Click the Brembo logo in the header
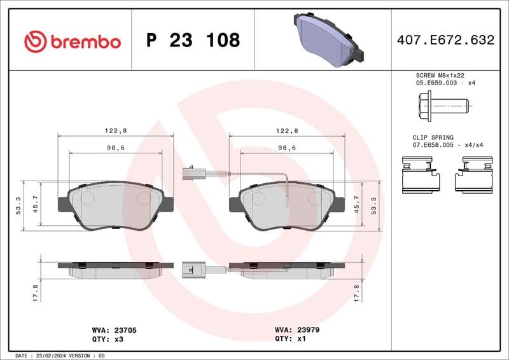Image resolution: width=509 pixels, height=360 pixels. [72, 41]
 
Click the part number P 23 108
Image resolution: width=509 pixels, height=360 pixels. [193, 41]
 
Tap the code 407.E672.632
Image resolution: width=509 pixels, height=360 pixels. [445, 40]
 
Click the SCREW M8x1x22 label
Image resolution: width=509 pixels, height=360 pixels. [436, 75]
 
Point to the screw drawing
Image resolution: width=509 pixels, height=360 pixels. [443, 103]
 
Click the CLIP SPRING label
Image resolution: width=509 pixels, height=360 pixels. [433, 137]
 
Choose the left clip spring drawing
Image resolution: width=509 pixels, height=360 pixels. [421, 176]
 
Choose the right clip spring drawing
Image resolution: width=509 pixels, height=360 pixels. [473, 176]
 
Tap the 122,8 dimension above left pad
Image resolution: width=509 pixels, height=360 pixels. [116, 130]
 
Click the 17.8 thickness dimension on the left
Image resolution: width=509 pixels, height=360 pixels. [35, 293]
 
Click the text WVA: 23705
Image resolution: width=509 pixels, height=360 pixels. [115, 331]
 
